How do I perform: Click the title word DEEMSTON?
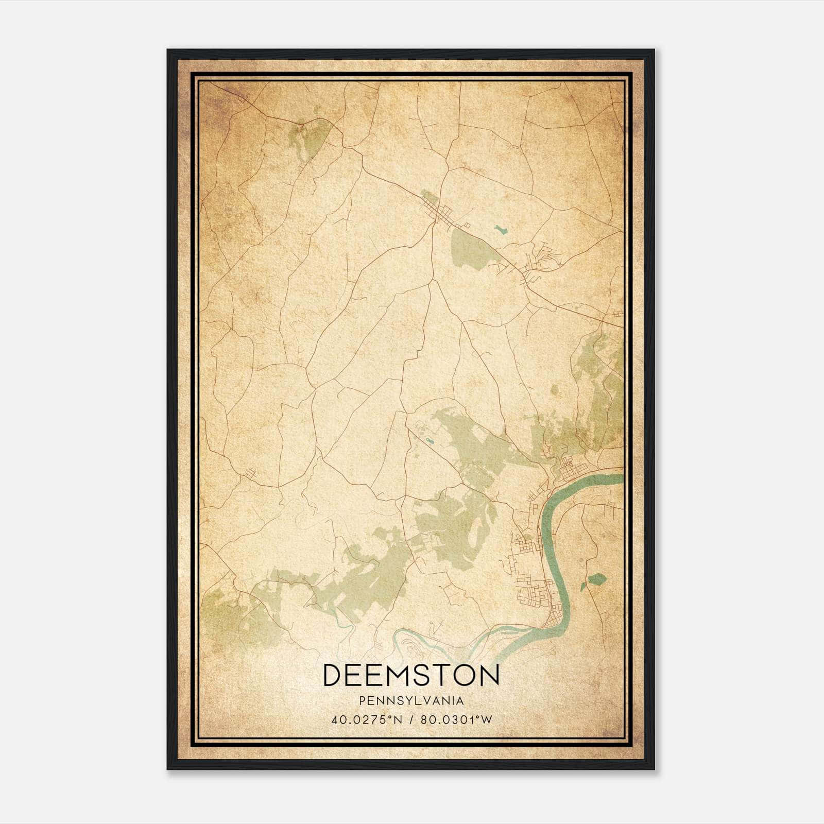[x=411, y=675]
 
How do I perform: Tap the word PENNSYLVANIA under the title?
[x=411, y=701]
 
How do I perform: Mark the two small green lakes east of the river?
[x=595, y=580]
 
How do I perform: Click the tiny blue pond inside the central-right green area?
[x=428, y=440]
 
